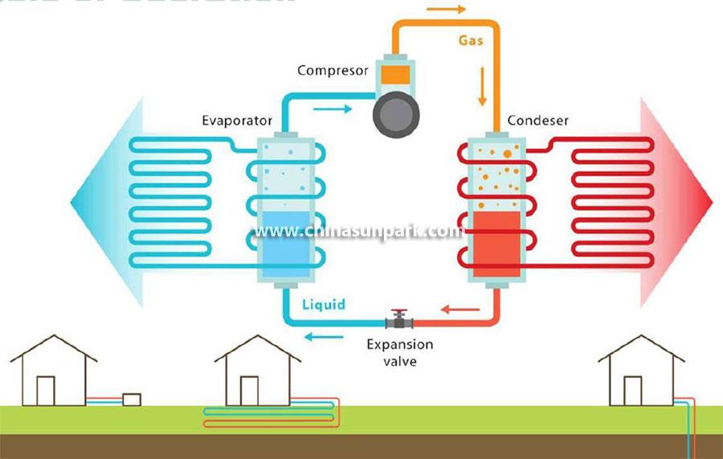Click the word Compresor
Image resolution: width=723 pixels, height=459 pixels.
click(x=333, y=71)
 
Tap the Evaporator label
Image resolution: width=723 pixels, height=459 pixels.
click(x=237, y=121)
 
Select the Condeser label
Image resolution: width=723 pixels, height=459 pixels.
click(x=537, y=121)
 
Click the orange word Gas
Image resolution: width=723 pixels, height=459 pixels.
click(x=470, y=39)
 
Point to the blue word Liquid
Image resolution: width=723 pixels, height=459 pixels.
click(x=324, y=305)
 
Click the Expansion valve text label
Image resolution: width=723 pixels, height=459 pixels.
click(x=399, y=352)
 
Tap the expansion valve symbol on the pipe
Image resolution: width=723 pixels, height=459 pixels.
click(x=398, y=321)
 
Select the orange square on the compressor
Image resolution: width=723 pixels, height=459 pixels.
click(x=394, y=73)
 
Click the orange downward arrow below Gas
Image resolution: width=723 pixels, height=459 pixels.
click(x=483, y=88)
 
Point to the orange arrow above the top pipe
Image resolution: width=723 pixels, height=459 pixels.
click(x=445, y=10)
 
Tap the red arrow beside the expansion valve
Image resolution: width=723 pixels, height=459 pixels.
click(x=454, y=306)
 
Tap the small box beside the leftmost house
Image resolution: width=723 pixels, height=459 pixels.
click(x=131, y=399)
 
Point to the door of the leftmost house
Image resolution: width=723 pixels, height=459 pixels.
click(x=46, y=391)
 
